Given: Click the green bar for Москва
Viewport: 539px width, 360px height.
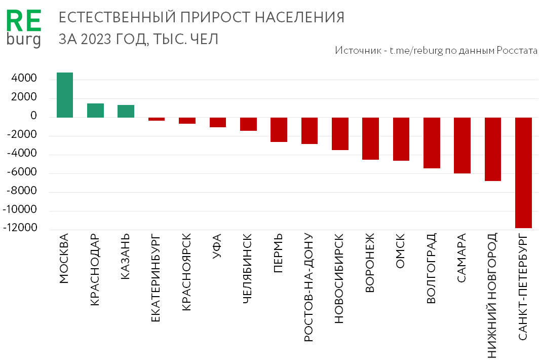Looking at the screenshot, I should (x=65, y=95).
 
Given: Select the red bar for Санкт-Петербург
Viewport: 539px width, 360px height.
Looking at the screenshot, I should (x=524, y=173).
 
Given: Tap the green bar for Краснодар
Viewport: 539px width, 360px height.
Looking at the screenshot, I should (x=95, y=111).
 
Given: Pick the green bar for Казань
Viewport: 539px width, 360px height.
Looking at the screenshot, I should (x=126, y=111).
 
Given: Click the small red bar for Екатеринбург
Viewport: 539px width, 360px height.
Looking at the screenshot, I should (x=157, y=119).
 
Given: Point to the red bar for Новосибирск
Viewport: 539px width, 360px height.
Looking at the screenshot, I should (x=340, y=134).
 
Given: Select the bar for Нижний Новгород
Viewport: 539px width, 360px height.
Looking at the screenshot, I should (x=493, y=149).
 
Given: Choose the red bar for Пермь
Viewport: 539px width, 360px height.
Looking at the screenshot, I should (x=279, y=130).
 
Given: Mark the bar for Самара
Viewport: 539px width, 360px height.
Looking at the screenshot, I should (x=463, y=146).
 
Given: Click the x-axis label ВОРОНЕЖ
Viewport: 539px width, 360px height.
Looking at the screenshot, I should (x=370, y=263).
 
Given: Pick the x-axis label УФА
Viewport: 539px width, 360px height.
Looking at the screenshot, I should (x=217, y=248).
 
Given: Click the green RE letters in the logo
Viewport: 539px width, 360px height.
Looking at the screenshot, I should (x=23, y=23).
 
